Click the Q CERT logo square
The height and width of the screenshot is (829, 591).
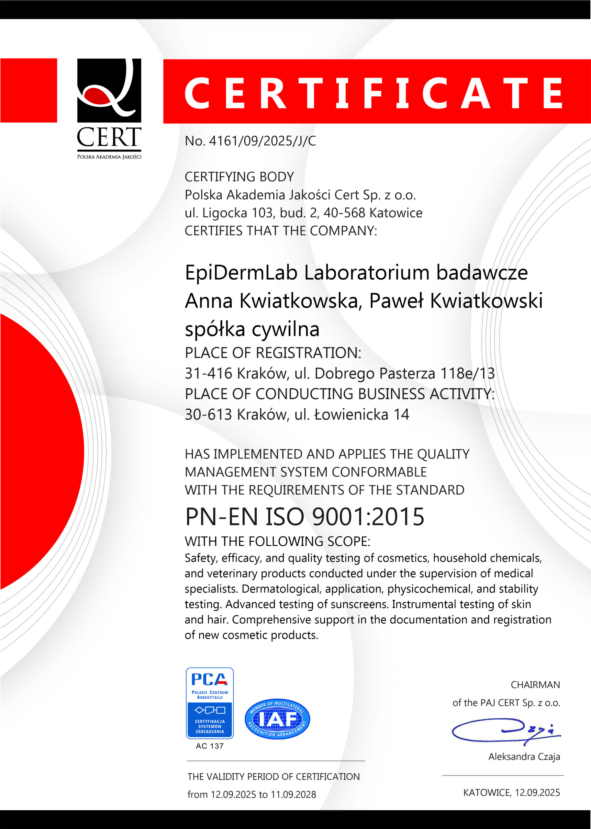(x=109, y=90)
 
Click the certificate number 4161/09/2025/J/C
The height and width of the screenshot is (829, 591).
(x=262, y=141)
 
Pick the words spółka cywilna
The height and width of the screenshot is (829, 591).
(x=252, y=329)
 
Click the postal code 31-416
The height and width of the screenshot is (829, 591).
(x=208, y=373)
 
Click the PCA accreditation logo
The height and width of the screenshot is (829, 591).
(x=210, y=703)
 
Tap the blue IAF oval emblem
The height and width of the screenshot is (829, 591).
(x=277, y=719)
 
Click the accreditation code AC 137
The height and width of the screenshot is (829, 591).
(x=210, y=746)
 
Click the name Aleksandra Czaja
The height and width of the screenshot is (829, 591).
(x=524, y=756)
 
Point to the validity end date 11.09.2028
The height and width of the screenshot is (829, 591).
(x=293, y=794)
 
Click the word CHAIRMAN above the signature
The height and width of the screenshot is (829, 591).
(x=535, y=685)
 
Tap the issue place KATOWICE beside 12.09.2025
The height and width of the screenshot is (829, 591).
(x=486, y=793)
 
